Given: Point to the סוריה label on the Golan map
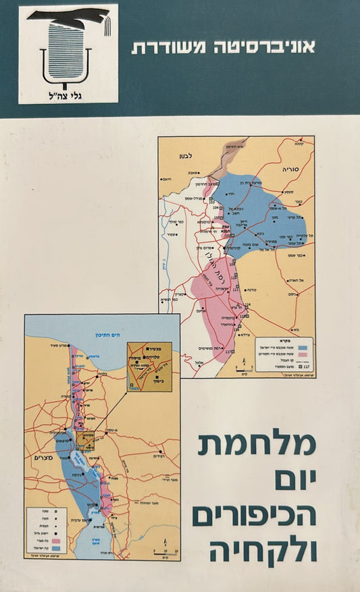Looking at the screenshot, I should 292,154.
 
